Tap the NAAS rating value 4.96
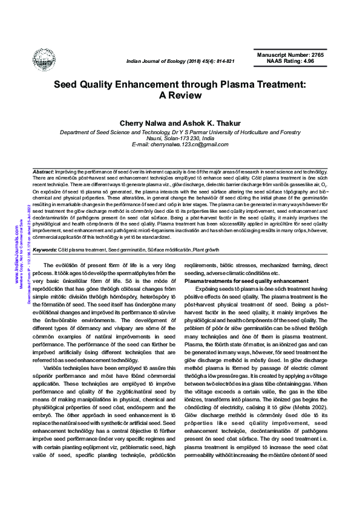(306, 61)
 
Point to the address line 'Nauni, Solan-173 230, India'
(180, 138)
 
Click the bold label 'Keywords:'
(45, 250)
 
